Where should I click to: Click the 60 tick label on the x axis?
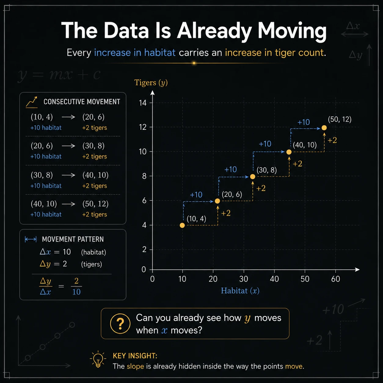pyautogui.click(x=335, y=279)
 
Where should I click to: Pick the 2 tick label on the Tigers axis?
pyautogui.click(x=144, y=249)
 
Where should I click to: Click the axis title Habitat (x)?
pyautogui.click(x=240, y=291)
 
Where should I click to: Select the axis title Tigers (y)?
pyautogui.click(x=151, y=83)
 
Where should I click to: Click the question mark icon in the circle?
pyautogui.click(x=120, y=323)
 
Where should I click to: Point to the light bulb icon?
pyautogui.click(x=98, y=360)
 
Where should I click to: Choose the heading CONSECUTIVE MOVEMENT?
pyautogui.click(x=82, y=102)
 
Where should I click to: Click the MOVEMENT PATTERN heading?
pyautogui.click(x=73, y=239)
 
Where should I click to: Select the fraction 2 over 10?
pyautogui.click(x=76, y=286)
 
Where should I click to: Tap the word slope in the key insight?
pyautogui.click(x=135, y=366)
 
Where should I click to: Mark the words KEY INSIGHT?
pyautogui.click(x=135, y=356)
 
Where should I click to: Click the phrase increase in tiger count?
pyautogui.click(x=274, y=53)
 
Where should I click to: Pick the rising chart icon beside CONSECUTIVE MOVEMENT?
pyautogui.click(x=31, y=102)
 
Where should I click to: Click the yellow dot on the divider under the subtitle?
pyautogui.click(x=194, y=63)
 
